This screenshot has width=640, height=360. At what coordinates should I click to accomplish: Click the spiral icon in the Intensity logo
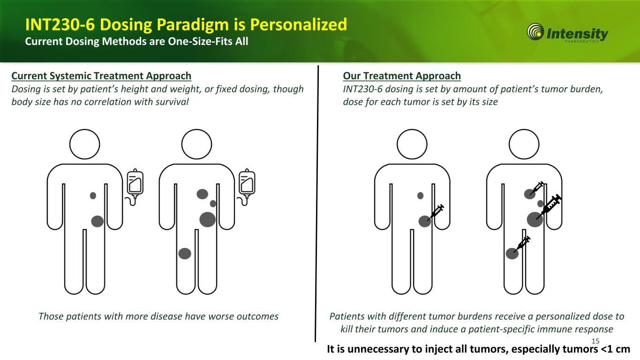tap(535, 32)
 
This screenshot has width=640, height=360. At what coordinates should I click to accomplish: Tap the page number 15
tap(595, 341)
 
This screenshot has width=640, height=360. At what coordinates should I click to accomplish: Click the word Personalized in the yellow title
tap(298, 24)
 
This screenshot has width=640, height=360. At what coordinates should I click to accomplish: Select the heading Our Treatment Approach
tap(402, 76)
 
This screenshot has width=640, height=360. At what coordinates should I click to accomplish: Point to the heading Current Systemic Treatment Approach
tap(101, 76)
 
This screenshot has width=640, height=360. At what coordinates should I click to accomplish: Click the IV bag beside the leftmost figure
tap(135, 187)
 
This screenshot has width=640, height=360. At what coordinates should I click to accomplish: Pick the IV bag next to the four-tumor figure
tap(247, 187)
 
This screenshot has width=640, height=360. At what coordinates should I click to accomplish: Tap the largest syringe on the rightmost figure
tap(549, 207)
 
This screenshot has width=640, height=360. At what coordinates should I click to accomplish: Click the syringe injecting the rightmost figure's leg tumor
tap(522, 244)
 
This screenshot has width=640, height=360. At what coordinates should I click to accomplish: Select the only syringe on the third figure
tap(436, 212)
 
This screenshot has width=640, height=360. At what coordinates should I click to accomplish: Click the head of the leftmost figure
tap(84, 144)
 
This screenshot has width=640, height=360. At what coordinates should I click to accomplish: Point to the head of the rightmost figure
tap(524, 144)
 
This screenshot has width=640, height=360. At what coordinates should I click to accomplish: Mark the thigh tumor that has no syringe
tap(185, 254)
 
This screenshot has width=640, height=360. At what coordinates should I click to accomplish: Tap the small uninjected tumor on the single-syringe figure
tap(420, 196)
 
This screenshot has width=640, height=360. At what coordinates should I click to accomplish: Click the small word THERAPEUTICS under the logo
tap(581, 41)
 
